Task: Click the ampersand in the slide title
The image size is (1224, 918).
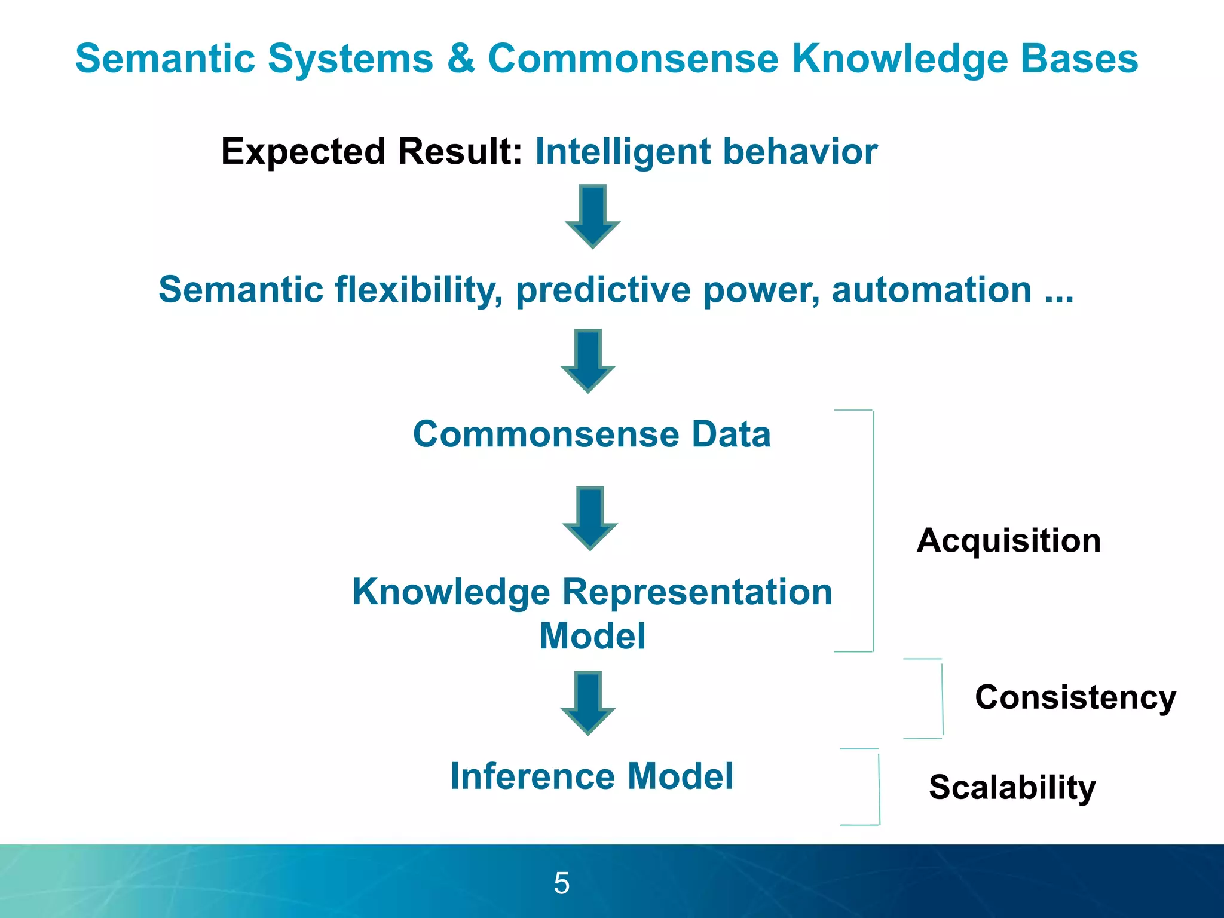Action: coord(460,59)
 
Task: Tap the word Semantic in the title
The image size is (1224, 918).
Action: coord(165,59)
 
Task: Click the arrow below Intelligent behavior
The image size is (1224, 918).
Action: coord(592,216)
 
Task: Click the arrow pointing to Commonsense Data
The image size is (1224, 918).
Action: coord(587,360)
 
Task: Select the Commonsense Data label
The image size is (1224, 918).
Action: coord(592,434)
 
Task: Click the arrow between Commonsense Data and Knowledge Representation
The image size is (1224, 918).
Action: coord(590,518)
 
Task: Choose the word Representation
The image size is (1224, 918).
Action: coord(697,592)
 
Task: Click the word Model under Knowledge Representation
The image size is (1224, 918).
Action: coord(592,636)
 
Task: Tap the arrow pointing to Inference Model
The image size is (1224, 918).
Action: coord(587,702)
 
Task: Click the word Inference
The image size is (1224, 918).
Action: coord(532,776)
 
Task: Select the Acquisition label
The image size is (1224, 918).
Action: coord(1008,540)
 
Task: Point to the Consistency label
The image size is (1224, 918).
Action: coord(1075,697)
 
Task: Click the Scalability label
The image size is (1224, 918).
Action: coord(1012,787)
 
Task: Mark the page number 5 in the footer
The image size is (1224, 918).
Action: coord(562,883)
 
